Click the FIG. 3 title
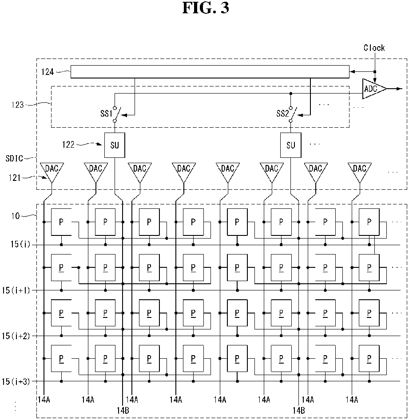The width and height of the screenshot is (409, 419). pos(206,8)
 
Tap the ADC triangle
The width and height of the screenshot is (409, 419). pos(374,89)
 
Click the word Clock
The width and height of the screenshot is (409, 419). pos(374,48)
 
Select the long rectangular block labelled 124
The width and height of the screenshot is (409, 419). pos(210,72)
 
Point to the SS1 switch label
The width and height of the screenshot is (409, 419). pos(106,114)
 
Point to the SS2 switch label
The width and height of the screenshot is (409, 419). pos(283,114)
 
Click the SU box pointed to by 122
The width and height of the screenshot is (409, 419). pos(115,145)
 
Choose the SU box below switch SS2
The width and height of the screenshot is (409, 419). pos(291,145)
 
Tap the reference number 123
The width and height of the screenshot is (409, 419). pos(18,105)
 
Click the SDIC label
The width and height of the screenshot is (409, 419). pos(15,158)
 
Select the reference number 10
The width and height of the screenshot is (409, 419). pos(16,215)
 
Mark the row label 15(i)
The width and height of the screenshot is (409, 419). pos(20,244)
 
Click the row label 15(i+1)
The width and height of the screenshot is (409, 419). pos(16,290)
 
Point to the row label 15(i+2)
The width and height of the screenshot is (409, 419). pos(16,336)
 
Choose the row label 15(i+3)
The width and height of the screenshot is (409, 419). pos(16,381)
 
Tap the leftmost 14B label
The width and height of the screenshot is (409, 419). pos(123,410)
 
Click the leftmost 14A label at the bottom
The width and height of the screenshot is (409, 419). pos(44,400)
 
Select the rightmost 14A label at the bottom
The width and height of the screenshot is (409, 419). pos(352,400)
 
